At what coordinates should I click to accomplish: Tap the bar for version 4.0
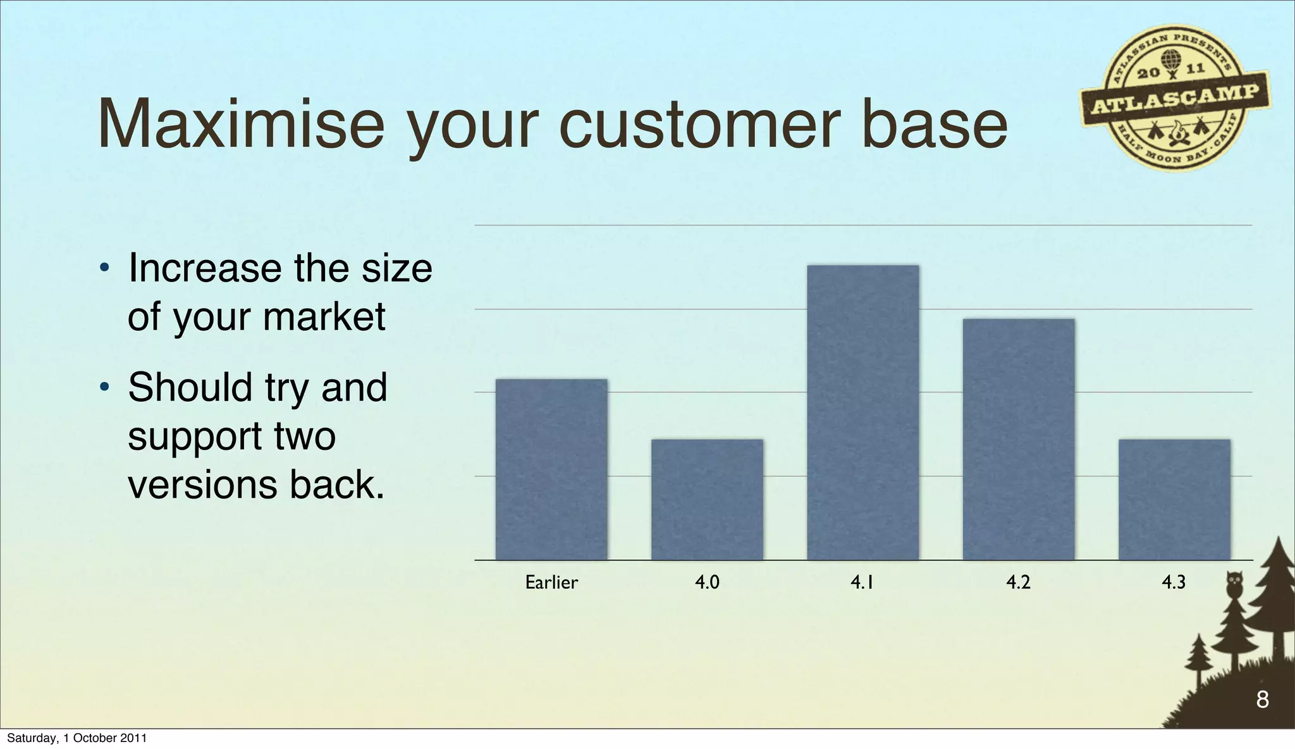point(707,500)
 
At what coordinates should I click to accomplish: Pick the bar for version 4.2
point(1018,439)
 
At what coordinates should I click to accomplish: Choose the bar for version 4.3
point(1174,500)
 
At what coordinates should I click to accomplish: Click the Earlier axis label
point(551,582)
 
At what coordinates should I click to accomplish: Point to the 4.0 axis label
point(707,582)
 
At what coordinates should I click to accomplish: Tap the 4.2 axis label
point(1018,582)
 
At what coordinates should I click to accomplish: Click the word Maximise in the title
point(240,124)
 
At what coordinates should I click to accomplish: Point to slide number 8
point(1262,700)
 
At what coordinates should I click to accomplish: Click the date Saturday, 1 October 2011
point(77,738)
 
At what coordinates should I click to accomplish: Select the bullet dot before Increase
point(105,269)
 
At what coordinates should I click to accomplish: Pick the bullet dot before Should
point(105,388)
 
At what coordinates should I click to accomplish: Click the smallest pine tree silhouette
point(1198,661)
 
